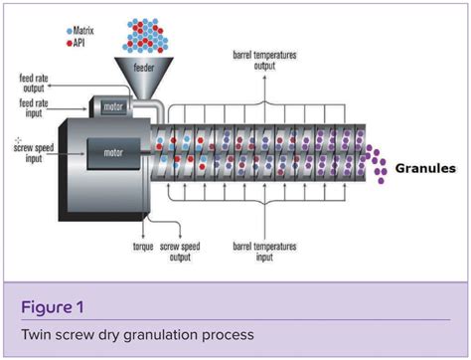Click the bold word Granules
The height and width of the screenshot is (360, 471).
point(425,168)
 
